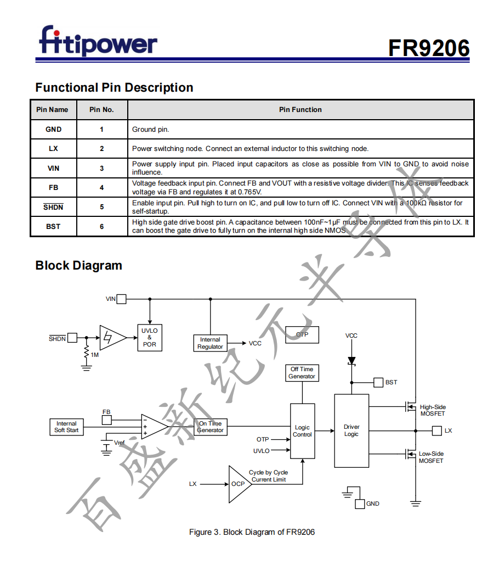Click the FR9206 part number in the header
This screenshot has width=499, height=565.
coord(429,48)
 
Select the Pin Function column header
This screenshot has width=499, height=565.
coord(300,110)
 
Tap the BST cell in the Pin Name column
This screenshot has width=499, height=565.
coord(53,226)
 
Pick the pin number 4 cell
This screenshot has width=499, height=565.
coord(102,188)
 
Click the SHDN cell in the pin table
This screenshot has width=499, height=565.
coord(53,207)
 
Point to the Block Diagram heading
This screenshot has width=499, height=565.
coord(78,266)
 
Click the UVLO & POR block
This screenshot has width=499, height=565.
coord(149,338)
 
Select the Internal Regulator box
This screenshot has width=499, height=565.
coord(210,343)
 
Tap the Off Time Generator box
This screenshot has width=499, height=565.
coord(302,373)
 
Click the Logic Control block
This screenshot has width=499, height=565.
coord(302,431)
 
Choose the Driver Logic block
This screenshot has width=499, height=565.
coord(351,430)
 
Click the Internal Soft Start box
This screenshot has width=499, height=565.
coord(66,427)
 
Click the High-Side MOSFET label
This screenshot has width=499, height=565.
coord(433,410)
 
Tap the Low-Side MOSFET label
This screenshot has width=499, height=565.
coord(431,457)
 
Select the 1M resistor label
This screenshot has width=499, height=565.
coord(95,355)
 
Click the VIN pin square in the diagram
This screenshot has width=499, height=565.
coord(121,299)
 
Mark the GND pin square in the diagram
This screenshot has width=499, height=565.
coord(360,504)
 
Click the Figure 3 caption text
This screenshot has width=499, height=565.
coord(252,532)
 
